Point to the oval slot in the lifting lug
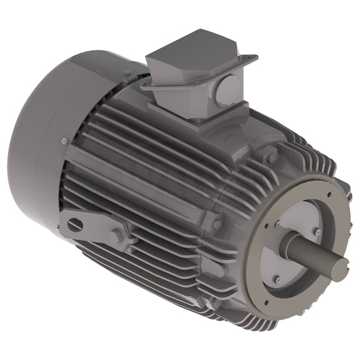pos(74,224)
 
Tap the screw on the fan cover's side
pos(64,142)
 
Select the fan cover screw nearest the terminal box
pos(127,73)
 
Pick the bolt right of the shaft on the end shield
pos(317,232)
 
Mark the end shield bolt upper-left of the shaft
pos(277,223)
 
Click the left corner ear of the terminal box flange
pos(145,86)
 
